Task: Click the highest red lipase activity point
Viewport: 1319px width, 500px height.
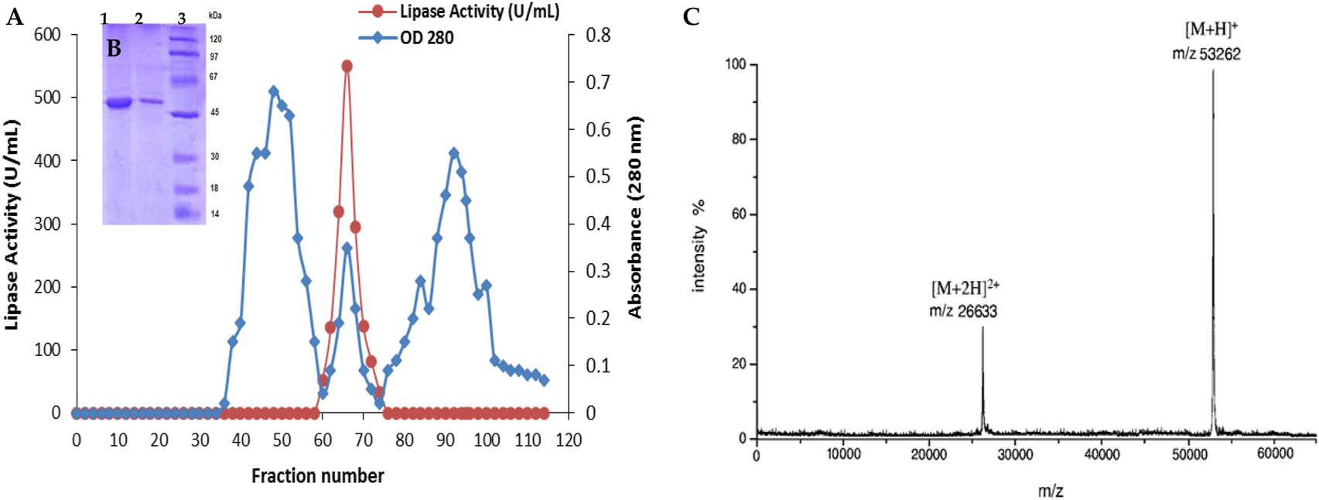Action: tap(347, 67)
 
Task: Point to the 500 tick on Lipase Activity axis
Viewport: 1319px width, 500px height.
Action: tap(46, 98)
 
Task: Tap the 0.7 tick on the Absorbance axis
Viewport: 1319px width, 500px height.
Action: tap(597, 83)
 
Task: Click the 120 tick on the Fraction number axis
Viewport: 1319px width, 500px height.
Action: tap(569, 440)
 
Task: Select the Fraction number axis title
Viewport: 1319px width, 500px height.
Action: tap(317, 475)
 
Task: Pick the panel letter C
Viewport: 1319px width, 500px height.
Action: tap(691, 17)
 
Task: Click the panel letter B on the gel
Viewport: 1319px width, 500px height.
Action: tap(114, 49)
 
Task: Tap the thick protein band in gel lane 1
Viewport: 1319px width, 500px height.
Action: tap(118, 103)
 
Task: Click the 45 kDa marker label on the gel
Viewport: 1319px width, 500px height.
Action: tap(214, 112)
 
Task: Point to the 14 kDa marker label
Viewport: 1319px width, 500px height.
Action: tap(214, 214)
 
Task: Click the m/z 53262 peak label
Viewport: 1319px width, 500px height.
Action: tap(1206, 54)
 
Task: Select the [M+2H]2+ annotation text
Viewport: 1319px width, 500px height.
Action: tap(965, 289)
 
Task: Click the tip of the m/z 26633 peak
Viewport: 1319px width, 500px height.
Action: tap(982, 327)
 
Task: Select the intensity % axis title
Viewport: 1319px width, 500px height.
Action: tap(699, 246)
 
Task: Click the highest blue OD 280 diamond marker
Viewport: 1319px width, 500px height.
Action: tap(273, 91)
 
